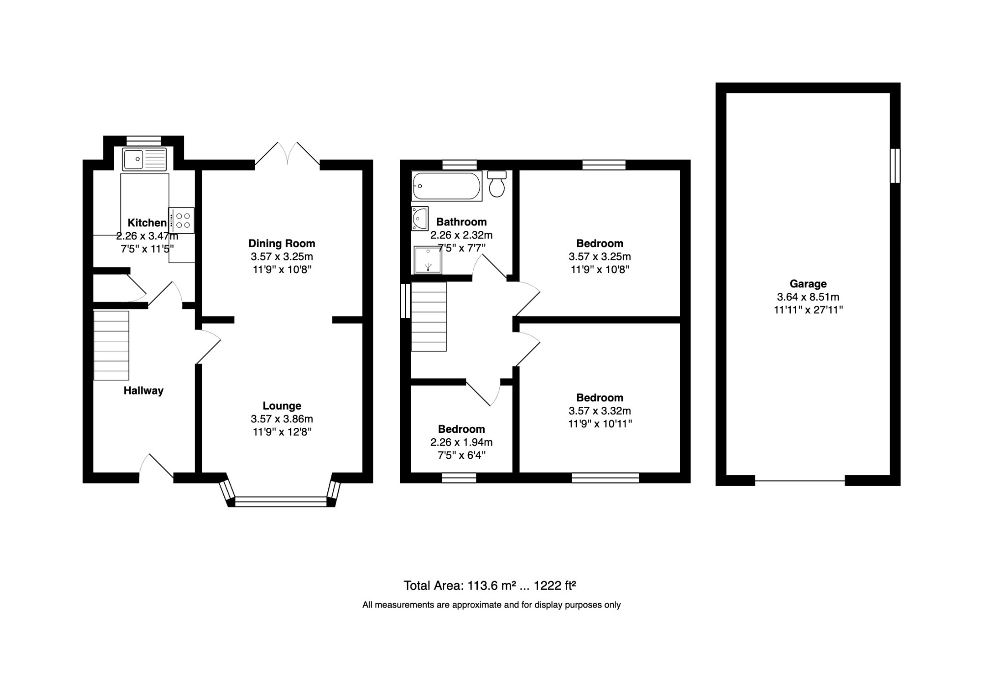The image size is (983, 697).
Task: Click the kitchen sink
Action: [x=145, y=159]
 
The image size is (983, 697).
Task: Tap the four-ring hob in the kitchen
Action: [x=182, y=221]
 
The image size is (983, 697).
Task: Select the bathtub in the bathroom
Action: [x=447, y=186]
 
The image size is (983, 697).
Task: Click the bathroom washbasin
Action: [x=419, y=218]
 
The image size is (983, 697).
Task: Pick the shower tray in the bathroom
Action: [x=427, y=259]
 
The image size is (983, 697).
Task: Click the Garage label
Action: [x=808, y=283]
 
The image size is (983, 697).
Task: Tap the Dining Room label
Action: [x=282, y=243]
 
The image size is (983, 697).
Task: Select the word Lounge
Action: [x=282, y=406]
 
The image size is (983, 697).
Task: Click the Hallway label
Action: [x=144, y=390]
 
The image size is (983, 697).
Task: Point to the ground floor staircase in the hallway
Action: [x=112, y=345]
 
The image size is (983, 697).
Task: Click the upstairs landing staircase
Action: [x=429, y=316]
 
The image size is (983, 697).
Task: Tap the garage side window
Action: [x=896, y=166]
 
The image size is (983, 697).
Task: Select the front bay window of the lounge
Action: [x=281, y=501]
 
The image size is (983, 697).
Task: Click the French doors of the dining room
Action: [x=288, y=154]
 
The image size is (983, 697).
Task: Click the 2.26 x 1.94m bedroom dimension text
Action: [x=462, y=442]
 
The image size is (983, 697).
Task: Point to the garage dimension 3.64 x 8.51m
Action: [x=808, y=297]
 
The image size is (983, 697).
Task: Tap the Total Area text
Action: [x=490, y=585]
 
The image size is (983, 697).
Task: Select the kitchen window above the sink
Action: [x=144, y=141]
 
